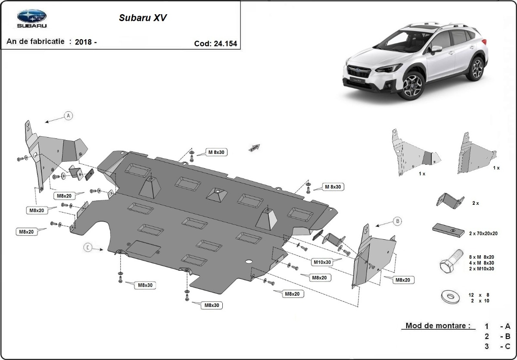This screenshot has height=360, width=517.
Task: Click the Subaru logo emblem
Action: [x=31, y=16]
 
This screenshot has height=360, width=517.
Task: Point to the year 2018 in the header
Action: [x=83, y=42]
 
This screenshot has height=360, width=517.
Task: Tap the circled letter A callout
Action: [x=68, y=115]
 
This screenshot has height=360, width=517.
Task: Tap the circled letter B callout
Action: [x=397, y=221]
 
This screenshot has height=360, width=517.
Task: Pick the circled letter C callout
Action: [x=88, y=247]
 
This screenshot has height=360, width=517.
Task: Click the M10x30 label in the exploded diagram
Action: [x=321, y=262]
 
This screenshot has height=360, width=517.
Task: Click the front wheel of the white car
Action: [x=412, y=85]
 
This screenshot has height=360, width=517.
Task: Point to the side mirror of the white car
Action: [x=436, y=49]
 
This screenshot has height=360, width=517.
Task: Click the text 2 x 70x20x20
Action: [x=483, y=233]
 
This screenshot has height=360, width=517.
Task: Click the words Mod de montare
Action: [x=438, y=326]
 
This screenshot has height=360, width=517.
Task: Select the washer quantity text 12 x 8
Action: [x=478, y=295]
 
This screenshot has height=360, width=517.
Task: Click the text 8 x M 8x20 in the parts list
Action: [x=481, y=257]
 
